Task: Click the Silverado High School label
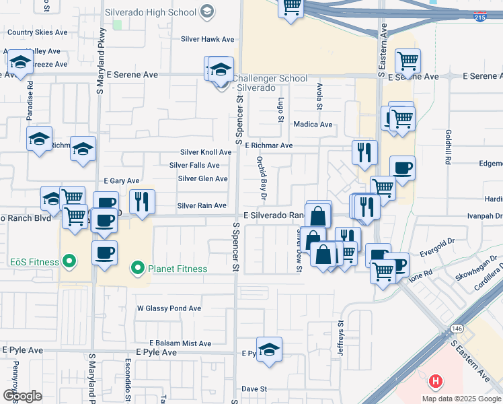click(150, 12)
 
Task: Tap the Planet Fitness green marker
click(138, 269)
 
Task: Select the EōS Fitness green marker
click(68, 261)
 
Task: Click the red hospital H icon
click(435, 382)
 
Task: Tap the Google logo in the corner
click(22, 395)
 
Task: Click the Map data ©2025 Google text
click(461, 399)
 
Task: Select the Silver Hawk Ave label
click(207, 39)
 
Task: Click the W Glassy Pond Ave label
click(169, 308)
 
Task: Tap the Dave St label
click(254, 389)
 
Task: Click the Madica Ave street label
click(313, 125)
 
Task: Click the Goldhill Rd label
click(447, 145)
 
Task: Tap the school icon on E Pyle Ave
click(269, 349)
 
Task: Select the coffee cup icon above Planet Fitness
click(104, 254)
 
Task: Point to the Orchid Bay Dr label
click(262, 178)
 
